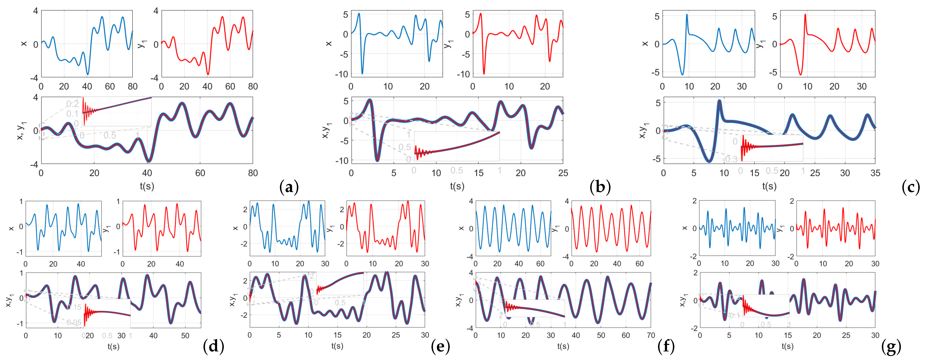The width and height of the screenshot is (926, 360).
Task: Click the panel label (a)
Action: (x=289, y=187)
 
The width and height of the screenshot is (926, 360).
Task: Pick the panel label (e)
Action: (x=440, y=346)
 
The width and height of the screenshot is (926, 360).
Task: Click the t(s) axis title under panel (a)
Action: (x=147, y=186)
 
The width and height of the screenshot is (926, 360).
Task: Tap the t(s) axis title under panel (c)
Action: (x=769, y=186)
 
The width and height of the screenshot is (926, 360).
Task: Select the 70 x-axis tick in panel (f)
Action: (x=651, y=335)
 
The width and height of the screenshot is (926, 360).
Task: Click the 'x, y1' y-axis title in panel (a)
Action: (x=21, y=130)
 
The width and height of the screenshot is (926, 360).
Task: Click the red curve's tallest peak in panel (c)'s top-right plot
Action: (x=805, y=15)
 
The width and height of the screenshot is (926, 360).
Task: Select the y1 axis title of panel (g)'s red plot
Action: (x=779, y=228)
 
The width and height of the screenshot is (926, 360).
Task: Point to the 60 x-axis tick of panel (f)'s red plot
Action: (x=640, y=264)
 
